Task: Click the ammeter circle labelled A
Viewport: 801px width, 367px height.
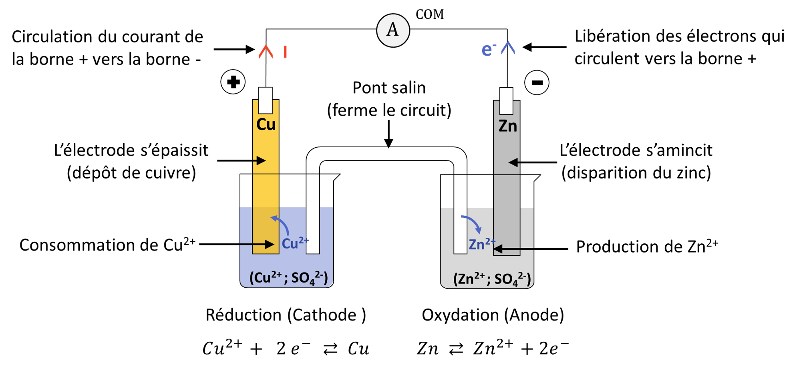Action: point(393,30)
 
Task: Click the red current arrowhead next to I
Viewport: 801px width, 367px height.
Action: point(266,52)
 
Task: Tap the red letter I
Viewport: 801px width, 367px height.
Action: point(285,52)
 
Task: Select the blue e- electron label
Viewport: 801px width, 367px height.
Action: point(489,49)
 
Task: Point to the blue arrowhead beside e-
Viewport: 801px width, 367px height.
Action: point(508,48)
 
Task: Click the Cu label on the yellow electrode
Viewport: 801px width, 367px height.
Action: point(266,124)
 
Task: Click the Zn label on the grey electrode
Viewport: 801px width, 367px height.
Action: point(507,126)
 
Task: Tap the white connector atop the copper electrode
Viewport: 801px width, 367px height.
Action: point(266,100)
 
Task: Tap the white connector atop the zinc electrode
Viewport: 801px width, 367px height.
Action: point(506,101)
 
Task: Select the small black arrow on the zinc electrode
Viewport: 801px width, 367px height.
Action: point(514,162)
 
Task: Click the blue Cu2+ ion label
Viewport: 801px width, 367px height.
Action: point(295,243)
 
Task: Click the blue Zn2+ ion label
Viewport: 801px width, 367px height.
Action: point(482,244)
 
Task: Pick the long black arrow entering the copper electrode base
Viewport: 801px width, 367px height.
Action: point(257,244)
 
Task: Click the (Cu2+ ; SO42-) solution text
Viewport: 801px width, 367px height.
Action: point(288,278)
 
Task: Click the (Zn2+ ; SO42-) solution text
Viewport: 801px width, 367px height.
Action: point(492,279)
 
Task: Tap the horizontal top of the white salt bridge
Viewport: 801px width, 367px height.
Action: point(386,154)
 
